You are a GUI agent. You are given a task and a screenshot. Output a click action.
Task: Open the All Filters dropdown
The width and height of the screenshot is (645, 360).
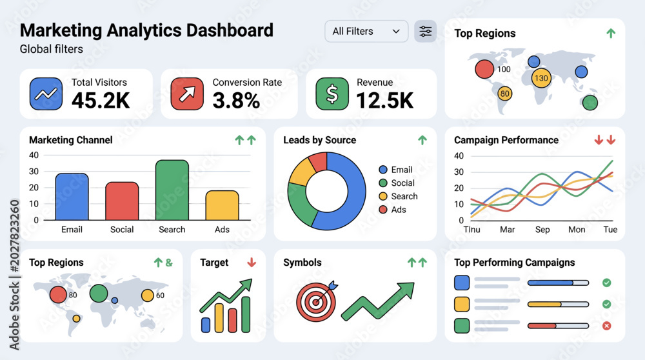coord(366,31)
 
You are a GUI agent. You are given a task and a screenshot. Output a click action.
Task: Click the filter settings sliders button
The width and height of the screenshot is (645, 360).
coord(425,31)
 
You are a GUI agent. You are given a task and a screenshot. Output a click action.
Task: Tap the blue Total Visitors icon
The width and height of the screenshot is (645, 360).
coord(46,94)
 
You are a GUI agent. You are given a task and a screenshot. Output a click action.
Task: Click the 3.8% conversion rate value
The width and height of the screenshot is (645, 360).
coord(236,101)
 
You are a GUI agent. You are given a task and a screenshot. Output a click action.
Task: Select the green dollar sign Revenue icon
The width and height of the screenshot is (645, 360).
coord(332,94)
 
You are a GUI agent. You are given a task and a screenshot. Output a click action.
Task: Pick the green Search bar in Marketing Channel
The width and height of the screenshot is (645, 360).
coord(172,190)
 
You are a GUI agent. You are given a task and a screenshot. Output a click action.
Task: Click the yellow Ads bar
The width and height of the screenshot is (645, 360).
coord(222,205)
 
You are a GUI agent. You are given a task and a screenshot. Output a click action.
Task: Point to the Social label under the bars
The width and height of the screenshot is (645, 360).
coord(122,230)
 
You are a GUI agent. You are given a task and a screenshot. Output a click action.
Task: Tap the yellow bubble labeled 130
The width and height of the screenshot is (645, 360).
coord(541,78)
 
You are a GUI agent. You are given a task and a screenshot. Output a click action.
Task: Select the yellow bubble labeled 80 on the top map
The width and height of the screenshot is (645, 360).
coord(505,94)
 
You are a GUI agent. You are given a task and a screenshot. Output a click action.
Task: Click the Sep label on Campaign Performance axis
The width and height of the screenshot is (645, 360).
coord(542,230)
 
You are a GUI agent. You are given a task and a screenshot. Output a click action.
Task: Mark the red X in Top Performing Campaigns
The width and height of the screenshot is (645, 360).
coord(606,326)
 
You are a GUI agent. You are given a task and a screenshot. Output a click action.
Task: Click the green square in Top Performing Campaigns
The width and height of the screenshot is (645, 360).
coord(462,325)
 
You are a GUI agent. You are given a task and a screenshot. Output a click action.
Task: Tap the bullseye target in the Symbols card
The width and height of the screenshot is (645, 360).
coord(316,302)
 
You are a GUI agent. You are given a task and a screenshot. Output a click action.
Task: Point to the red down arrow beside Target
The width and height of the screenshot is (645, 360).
coord(252,263)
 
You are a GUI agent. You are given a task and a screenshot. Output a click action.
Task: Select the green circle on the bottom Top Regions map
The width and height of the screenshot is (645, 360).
coord(99,294)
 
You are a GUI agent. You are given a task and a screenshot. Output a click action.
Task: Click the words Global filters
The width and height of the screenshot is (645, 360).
coord(52,49)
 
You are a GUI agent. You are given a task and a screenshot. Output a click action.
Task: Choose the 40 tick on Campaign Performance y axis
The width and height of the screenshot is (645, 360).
coord(459,156)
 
